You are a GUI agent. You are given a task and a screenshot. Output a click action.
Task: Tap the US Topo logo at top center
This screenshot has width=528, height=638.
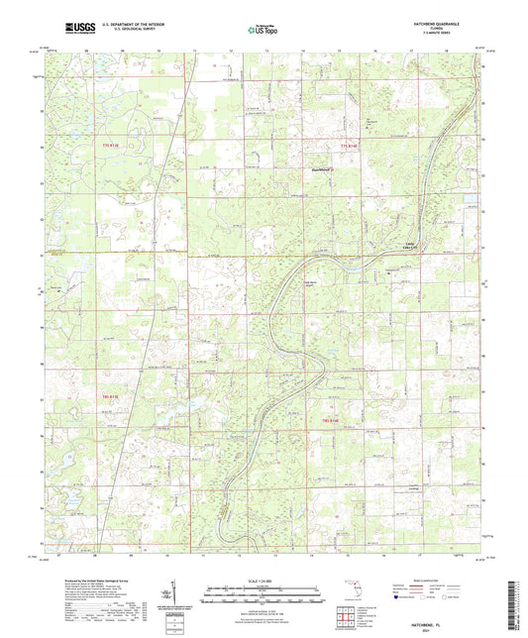pos(262,30)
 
